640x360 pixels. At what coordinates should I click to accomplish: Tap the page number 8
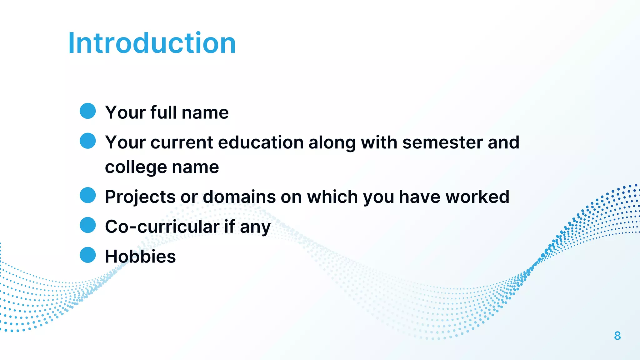click(617, 336)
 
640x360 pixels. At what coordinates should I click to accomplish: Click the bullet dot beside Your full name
click(88, 111)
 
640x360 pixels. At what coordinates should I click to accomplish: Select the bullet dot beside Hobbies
click(88, 255)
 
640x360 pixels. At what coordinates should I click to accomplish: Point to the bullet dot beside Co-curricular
click(88, 225)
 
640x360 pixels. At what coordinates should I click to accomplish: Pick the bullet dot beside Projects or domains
click(88, 195)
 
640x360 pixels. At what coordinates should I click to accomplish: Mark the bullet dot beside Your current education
click(88, 141)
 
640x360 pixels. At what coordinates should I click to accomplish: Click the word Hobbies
click(140, 257)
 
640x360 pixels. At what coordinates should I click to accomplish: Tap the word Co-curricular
click(162, 227)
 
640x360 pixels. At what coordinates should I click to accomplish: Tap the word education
click(261, 142)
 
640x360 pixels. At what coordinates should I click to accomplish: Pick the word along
click(332, 143)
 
